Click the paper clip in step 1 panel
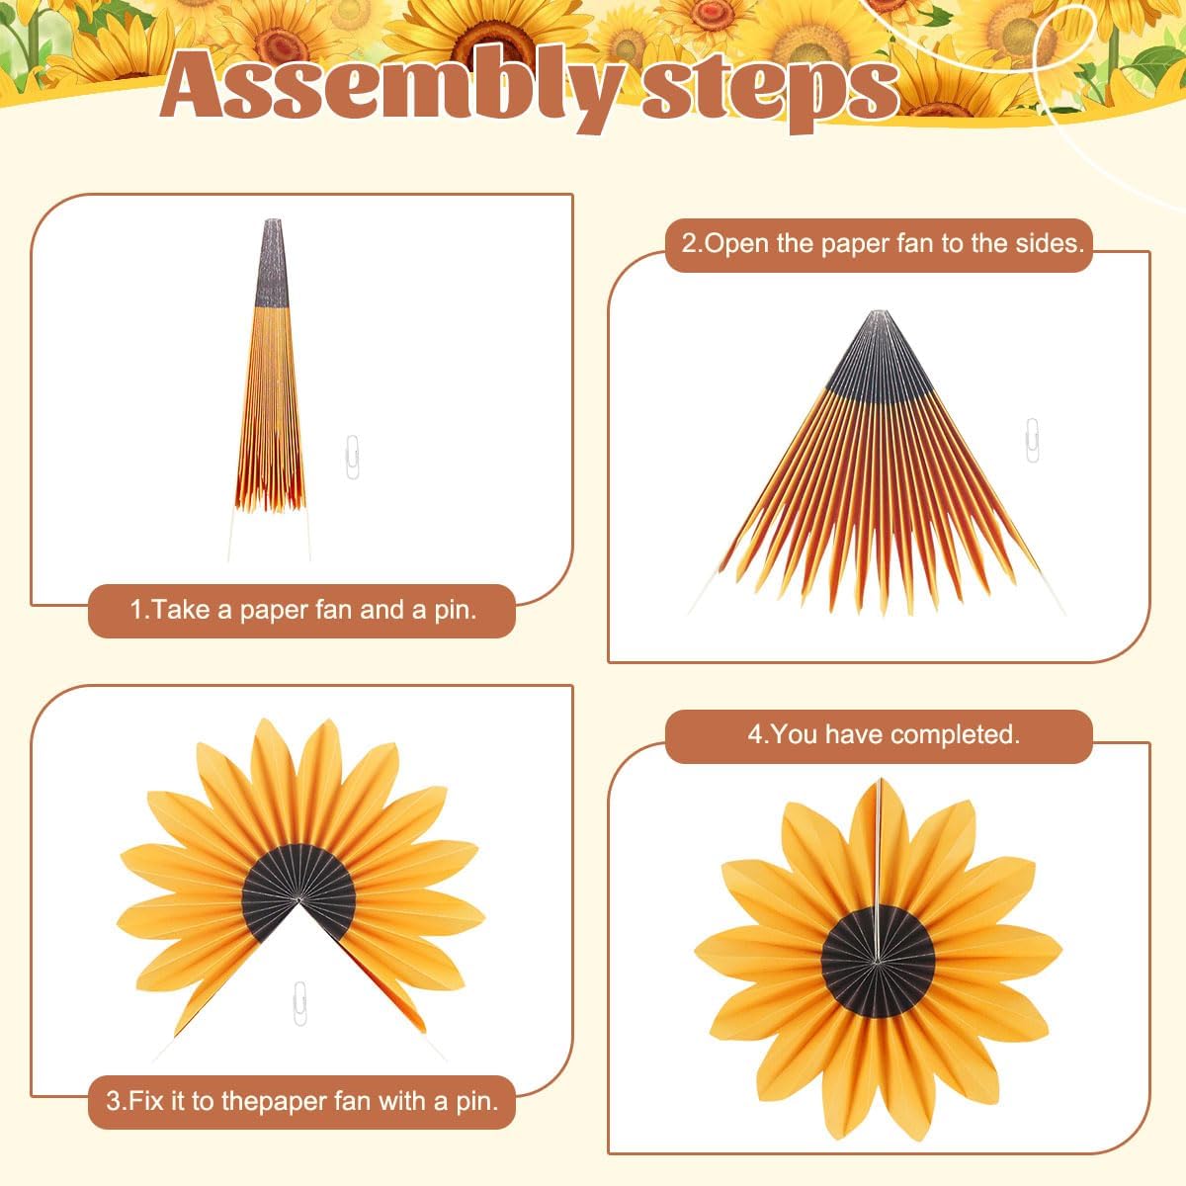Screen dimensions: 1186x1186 pyautogui.click(x=352, y=458)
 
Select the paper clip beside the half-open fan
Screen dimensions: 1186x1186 pyautogui.click(x=1032, y=440)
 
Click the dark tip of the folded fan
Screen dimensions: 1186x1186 pyautogui.click(x=272, y=263)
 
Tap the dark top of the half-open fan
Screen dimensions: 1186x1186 pyautogui.click(x=879, y=356)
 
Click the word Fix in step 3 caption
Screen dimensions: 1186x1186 pyautogui.click(x=147, y=1100)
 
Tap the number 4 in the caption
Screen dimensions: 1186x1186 pyautogui.click(x=754, y=735)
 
